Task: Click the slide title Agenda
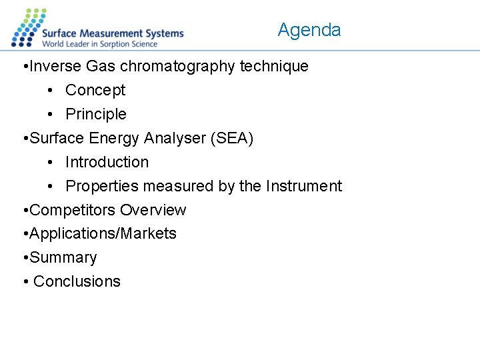pos(309,30)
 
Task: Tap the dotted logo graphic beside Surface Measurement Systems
pos(27,28)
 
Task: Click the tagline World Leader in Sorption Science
pos(100,44)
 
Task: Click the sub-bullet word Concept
pos(95,91)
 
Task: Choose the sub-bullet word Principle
pos(96,115)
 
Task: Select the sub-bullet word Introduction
pos(107,162)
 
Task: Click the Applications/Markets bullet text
pos(103,234)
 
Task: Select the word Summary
pos(63,257)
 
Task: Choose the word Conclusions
pos(77,281)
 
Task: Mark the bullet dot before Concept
pos(51,91)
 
